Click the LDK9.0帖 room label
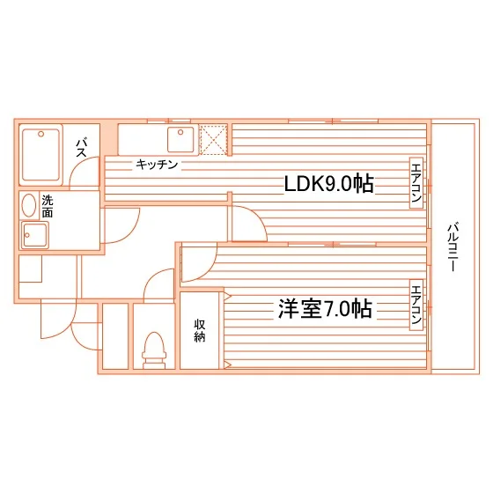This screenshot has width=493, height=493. tap(329, 184)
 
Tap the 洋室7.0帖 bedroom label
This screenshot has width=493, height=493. tap(325, 309)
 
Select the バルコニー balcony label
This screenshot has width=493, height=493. tap(453, 246)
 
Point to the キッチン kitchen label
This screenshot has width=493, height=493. tap(157, 165)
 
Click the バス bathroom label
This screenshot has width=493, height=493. tap(81, 148)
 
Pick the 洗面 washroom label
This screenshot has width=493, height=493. tap(48, 206)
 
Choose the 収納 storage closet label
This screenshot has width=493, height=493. tap(199, 330)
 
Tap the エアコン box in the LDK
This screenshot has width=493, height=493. tap(416, 183)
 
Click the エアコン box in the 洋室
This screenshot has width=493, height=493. tap(416, 305)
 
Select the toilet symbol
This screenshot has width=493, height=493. tap(154, 350)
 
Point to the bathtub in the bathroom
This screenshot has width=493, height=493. tap(40, 155)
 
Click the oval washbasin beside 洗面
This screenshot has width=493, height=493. tap(29, 205)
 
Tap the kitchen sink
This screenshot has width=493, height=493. tap(180, 139)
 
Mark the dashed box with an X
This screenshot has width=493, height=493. tap(213, 140)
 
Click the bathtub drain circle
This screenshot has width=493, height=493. tap(40, 134)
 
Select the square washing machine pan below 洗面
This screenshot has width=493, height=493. tap(34, 235)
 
